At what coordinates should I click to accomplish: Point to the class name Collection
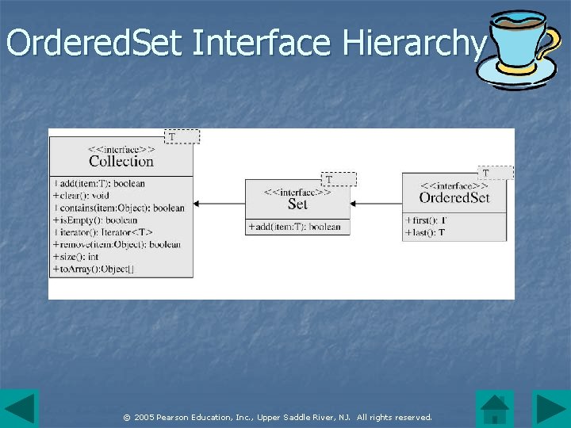click(121, 161)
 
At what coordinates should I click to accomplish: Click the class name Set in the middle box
click(297, 204)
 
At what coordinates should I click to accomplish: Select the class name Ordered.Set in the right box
click(454, 197)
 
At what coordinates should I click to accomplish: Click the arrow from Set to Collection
click(219, 204)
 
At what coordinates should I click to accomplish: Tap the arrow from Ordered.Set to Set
click(376, 204)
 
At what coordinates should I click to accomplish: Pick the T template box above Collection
click(182, 136)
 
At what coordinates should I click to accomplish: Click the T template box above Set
click(339, 180)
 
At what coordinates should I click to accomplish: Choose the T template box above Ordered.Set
click(496, 172)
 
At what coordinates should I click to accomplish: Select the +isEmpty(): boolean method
click(95, 220)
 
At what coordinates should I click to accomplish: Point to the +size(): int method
click(75, 257)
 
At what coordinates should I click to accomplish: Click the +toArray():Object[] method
click(94, 269)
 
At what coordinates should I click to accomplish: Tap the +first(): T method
click(426, 220)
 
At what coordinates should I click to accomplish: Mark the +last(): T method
click(424, 232)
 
